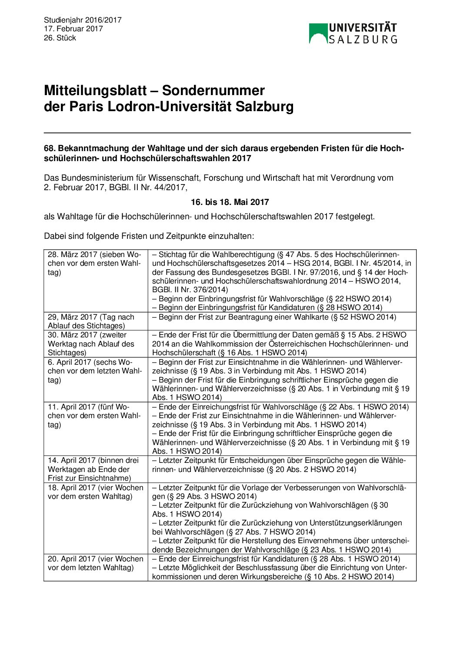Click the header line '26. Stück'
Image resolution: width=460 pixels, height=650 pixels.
[60, 38]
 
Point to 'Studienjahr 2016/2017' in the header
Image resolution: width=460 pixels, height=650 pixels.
[83, 20]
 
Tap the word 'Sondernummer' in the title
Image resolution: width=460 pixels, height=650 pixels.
[213, 90]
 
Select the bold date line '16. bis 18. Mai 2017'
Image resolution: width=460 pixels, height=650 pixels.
[230, 202]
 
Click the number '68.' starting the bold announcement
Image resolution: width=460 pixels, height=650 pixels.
[50, 148]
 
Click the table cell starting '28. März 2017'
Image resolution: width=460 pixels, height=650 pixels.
[95, 264]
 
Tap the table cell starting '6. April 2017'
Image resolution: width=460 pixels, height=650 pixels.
[95, 371]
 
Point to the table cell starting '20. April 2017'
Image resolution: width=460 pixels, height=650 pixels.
[95, 563]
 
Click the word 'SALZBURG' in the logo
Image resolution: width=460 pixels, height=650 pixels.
[363, 40]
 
